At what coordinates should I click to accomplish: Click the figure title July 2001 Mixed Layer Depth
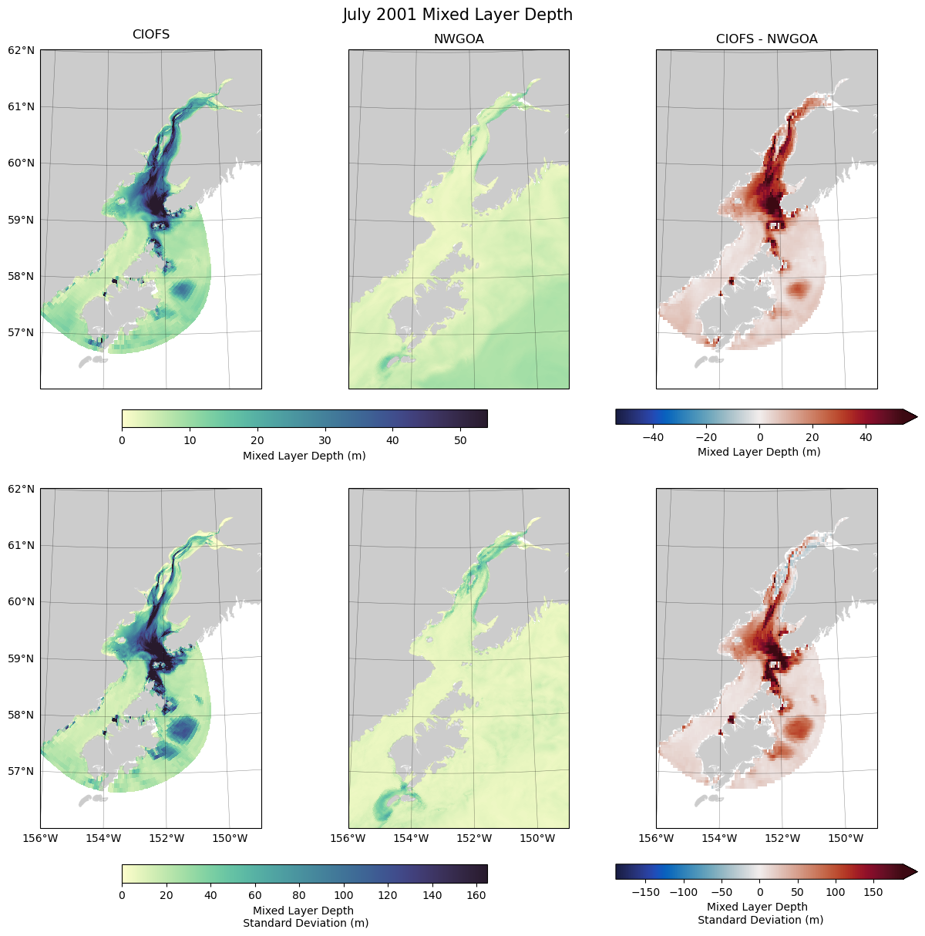457,15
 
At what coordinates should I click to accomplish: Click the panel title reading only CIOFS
151,35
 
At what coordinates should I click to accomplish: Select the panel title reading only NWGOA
459,39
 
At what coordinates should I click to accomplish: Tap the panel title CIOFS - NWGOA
766,39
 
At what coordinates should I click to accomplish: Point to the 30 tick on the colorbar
325,440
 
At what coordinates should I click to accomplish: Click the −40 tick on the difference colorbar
652,437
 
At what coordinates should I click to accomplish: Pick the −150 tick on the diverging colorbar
645,892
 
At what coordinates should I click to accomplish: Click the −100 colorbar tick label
683,892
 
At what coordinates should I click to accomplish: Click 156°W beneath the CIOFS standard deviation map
40,838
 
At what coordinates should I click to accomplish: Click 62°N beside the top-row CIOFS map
21,50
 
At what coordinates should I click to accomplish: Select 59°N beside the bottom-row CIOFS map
21,658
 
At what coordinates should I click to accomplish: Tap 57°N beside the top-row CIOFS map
21,332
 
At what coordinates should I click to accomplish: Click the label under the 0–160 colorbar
305,917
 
